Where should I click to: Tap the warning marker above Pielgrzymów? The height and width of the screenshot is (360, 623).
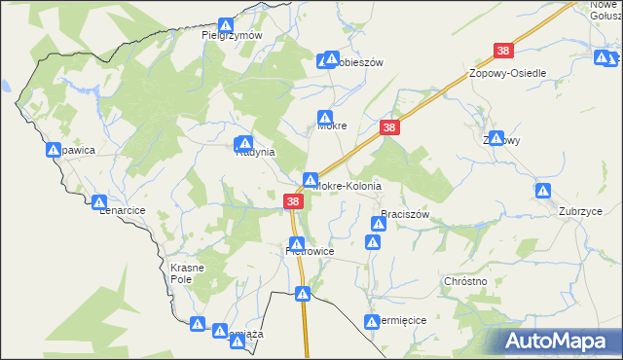(x=227, y=23)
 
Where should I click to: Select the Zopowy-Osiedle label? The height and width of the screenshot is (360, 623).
(x=507, y=74)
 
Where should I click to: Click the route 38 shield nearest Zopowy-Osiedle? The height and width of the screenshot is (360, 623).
(x=503, y=51)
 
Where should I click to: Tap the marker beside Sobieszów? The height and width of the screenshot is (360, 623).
(x=324, y=61)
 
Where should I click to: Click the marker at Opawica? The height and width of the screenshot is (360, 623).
(x=54, y=150)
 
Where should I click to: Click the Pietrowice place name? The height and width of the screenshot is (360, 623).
(x=311, y=251)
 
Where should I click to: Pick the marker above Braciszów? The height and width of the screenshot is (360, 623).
(x=377, y=224)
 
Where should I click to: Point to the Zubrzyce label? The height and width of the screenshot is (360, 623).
(x=580, y=211)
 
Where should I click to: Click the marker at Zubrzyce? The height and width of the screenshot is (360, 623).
(x=543, y=190)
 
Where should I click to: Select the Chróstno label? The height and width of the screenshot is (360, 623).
(x=464, y=280)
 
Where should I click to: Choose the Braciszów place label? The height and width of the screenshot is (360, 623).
(x=405, y=214)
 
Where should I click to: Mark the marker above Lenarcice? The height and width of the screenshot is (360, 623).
(x=99, y=201)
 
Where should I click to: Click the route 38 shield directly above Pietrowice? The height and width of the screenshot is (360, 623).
(x=292, y=201)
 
